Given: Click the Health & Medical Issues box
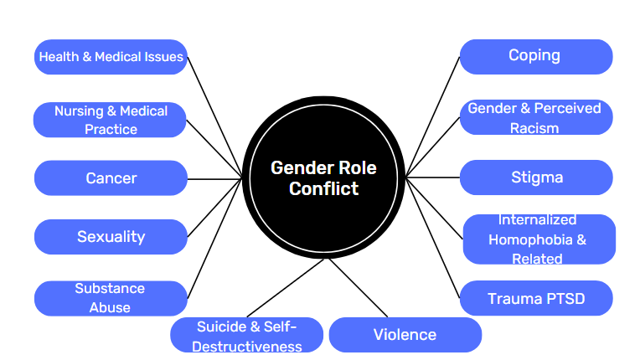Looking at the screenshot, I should (x=111, y=58).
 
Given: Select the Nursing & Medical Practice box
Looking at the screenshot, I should (x=111, y=120).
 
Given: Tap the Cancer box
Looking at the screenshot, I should (x=111, y=178).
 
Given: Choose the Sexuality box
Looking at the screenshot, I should (x=111, y=237).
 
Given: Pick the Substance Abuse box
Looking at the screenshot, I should (x=111, y=298).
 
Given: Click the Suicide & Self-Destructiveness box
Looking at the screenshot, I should (x=246, y=336).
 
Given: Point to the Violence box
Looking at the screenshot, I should (x=405, y=335).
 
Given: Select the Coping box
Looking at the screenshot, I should (x=534, y=56).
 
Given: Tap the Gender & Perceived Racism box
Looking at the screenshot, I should (x=534, y=118).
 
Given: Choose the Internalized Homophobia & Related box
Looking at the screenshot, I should (x=538, y=239).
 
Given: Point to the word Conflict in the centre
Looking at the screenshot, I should (x=323, y=189).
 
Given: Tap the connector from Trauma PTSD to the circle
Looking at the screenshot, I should (x=434, y=238).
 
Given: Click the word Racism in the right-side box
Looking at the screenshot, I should (x=534, y=129).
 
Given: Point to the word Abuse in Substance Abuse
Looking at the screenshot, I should (x=110, y=307).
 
